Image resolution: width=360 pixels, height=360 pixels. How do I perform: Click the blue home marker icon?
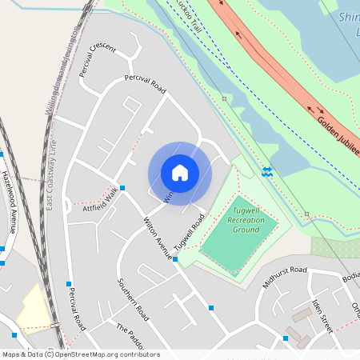point(180,173)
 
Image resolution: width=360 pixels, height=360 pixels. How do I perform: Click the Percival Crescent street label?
point(98,59)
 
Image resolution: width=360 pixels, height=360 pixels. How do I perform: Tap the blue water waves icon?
point(267,171)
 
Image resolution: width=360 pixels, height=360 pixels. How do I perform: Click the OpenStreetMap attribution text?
point(81,354)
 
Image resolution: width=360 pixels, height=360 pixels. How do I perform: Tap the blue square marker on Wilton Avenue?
point(175,258)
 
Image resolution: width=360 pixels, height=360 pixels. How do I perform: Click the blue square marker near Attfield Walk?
point(122,188)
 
